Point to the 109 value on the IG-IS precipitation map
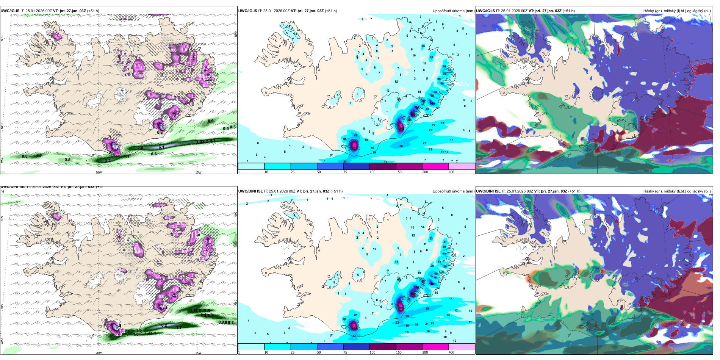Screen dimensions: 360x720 click(432, 103)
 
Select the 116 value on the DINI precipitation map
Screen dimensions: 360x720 click(431, 283)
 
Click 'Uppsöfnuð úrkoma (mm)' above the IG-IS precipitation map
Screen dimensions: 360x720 click(453, 11)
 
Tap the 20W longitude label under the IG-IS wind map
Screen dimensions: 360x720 click(99, 172)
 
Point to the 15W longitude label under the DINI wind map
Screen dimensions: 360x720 click(198, 353)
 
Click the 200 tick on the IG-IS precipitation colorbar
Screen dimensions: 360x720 click(425, 172)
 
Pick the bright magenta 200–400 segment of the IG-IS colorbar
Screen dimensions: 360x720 click(435, 166)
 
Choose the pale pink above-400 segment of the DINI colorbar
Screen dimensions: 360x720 click(462, 347)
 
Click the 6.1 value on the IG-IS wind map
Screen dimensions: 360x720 click(161, 147)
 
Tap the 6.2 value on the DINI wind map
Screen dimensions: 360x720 click(164, 326)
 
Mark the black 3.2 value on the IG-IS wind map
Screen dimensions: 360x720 click(108, 161)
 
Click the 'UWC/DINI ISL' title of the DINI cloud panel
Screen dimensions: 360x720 click(488, 191)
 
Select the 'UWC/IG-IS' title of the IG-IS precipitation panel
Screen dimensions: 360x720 click(247, 11)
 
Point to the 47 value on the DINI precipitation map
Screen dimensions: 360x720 click(355, 336)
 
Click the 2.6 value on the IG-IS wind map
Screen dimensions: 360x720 click(140, 148)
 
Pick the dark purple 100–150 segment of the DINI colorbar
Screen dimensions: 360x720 click(382, 347)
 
